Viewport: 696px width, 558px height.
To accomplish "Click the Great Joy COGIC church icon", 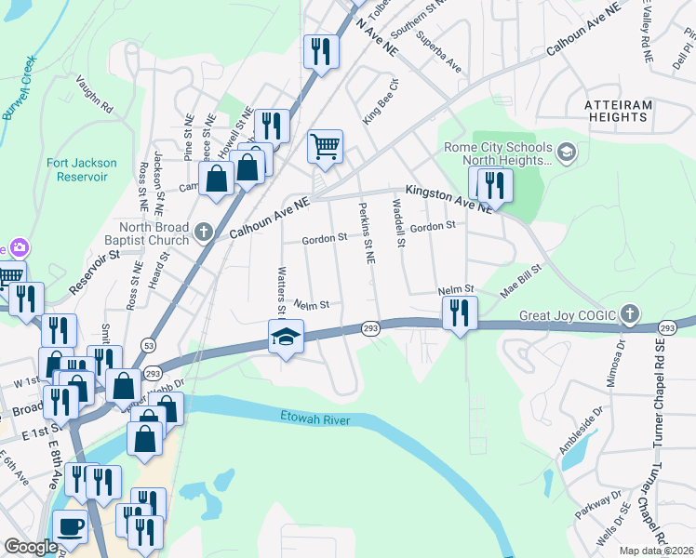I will [631, 314].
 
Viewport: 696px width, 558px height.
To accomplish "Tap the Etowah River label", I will [311, 420].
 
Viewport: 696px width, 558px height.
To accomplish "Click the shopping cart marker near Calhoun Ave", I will [325, 147].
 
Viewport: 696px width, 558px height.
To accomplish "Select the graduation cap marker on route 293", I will [287, 337].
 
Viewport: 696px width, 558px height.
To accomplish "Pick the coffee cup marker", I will [71, 526].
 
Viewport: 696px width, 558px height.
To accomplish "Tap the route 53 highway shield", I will [148, 344].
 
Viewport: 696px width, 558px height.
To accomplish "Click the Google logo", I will [31, 547].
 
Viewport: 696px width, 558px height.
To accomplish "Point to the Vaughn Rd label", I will [94, 95].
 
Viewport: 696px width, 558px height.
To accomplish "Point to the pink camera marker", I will [16, 248].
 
